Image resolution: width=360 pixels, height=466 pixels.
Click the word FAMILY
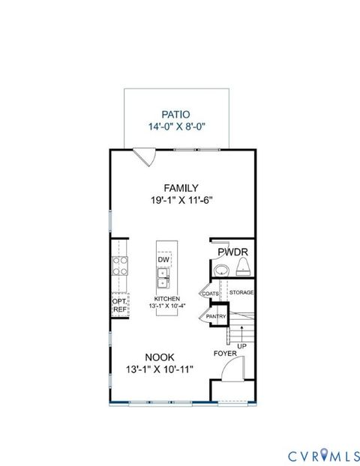tap(181, 187)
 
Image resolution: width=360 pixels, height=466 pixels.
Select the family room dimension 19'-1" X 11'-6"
tap(181, 201)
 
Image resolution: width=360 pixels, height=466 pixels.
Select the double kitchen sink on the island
tap(163, 281)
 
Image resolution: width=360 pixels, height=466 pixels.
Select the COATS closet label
tap(210, 293)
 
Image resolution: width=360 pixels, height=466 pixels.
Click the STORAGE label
tap(241, 292)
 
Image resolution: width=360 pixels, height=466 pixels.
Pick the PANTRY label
tap(216, 316)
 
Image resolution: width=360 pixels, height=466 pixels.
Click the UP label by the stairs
tap(241, 346)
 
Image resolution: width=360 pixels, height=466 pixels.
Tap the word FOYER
tap(225, 352)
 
